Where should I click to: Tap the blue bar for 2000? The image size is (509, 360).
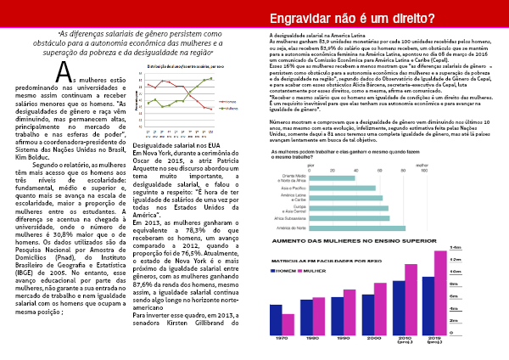coord(368,314)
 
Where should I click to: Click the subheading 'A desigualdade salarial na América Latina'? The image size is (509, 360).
coord(316,35)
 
